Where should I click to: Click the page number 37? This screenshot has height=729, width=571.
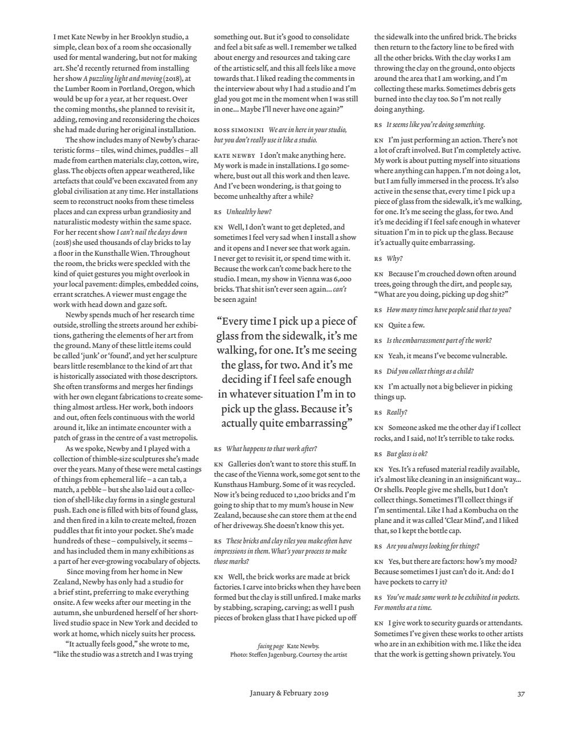(x=521, y=694)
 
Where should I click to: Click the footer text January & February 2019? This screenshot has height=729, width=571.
(x=289, y=693)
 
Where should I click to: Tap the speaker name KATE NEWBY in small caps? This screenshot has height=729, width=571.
(x=235, y=155)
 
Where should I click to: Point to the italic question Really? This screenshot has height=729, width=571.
(x=397, y=412)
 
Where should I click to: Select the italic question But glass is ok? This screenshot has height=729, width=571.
(x=407, y=454)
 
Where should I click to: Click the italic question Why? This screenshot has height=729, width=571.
(x=394, y=258)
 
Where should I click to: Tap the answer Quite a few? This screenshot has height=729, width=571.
(x=406, y=325)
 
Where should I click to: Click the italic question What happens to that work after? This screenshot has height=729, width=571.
(x=271, y=449)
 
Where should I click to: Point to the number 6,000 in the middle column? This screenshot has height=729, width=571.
(x=341, y=279)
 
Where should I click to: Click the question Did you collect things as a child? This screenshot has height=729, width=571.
(x=430, y=371)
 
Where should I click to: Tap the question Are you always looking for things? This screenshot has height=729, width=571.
(x=433, y=546)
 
